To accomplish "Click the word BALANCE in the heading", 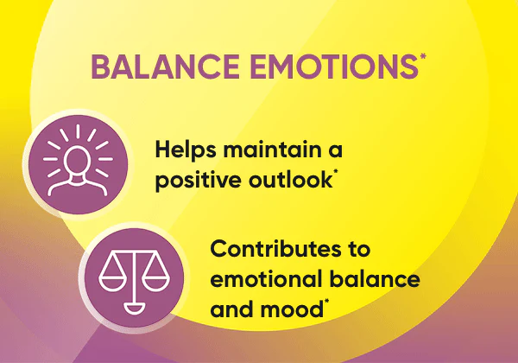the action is (166, 67).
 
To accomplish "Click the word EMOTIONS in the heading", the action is (334, 67).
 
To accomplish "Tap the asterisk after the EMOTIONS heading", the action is (423, 56).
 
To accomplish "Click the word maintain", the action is (273, 150).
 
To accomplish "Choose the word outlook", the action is (290, 180).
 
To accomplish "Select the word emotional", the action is (266, 278).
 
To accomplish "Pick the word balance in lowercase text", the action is (375, 278).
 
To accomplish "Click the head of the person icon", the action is (78, 160).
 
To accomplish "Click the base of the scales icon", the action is (134, 309).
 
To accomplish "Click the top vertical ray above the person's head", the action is (78, 131).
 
